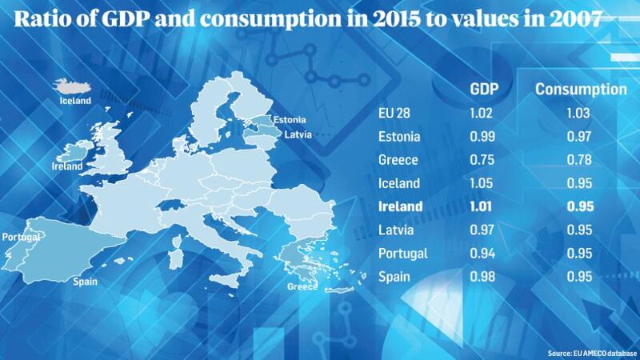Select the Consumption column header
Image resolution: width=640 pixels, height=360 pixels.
click(x=580, y=90)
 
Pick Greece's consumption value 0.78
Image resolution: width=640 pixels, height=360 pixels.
click(x=579, y=159)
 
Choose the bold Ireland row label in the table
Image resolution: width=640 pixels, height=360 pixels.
click(x=399, y=206)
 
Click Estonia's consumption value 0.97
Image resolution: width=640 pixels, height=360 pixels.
click(x=579, y=136)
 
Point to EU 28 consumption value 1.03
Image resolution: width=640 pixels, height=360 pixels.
click(x=579, y=113)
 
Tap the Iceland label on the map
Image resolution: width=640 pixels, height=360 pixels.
click(x=76, y=102)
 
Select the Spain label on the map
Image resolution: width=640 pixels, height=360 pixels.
click(x=86, y=282)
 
